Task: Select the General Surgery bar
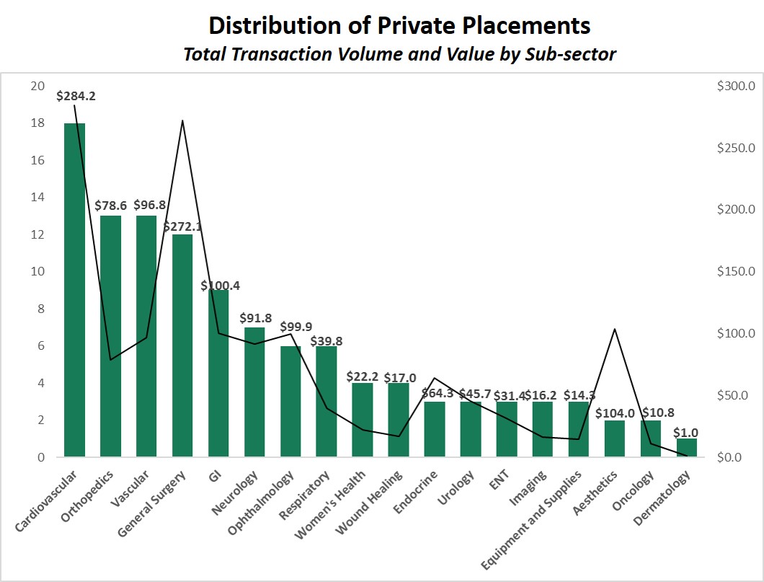[x=182, y=345]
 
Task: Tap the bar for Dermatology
[x=687, y=448]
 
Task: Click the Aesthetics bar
[x=615, y=438]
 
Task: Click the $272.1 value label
[x=182, y=226]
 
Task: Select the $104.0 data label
[x=615, y=413]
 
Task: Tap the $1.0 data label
[x=687, y=432]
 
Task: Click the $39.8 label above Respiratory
[x=327, y=340]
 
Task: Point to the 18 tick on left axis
[x=37, y=123]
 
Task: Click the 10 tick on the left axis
[x=37, y=272]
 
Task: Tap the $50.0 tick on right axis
[x=738, y=395]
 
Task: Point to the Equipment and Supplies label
[x=531, y=523]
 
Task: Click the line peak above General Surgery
[x=182, y=120]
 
